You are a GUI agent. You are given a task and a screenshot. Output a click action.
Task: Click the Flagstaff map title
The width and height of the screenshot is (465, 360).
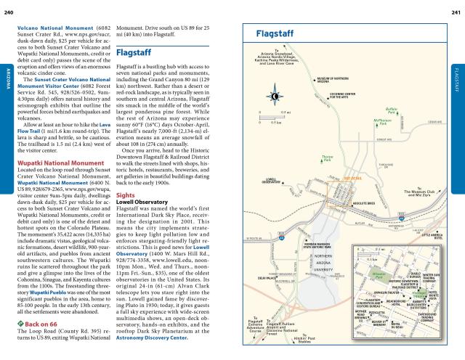click(278, 35)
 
